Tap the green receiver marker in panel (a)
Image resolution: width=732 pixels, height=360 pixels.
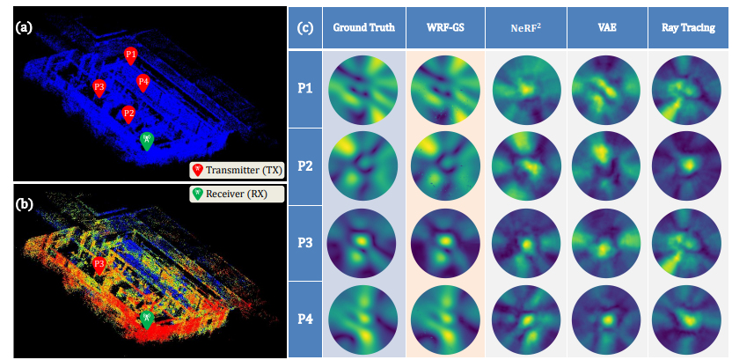148,140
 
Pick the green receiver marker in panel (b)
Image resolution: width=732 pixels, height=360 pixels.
148,320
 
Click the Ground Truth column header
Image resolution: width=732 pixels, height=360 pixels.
363,27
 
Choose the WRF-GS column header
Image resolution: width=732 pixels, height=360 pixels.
446,27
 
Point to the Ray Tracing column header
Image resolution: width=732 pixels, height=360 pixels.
687,27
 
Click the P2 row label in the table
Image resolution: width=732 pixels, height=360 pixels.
304,166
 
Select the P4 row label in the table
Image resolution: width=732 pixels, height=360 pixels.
304,319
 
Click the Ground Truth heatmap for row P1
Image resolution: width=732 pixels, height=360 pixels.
363,89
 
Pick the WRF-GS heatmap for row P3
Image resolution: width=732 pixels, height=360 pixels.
446,243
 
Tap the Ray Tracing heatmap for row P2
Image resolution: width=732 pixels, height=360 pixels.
687,166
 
